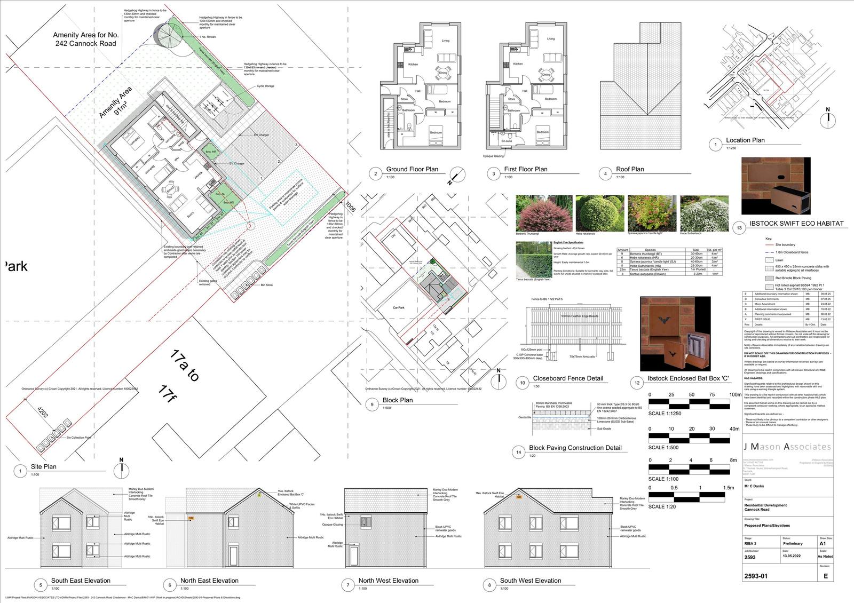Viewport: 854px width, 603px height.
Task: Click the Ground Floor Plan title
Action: (x=412, y=169)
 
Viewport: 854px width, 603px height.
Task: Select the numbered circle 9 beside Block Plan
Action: (x=373, y=405)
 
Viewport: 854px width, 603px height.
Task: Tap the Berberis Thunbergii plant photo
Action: (x=543, y=212)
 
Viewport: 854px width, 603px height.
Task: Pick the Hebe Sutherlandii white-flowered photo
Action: (x=704, y=212)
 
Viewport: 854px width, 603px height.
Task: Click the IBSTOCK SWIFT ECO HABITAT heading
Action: (x=796, y=224)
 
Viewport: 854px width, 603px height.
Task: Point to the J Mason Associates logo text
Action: (x=787, y=447)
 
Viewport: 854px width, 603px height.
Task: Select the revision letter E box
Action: (x=825, y=576)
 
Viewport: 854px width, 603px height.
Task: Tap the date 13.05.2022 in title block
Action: (x=792, y=557)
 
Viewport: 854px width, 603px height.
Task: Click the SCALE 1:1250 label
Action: (x=665, y=414)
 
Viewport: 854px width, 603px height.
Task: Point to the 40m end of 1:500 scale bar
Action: (x=734, y=429)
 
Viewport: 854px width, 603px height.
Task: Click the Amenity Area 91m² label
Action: (x=115, y=103)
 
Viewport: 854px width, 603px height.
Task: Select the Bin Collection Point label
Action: (x=78, y=438)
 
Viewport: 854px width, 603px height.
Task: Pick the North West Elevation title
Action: (x=388, y=581)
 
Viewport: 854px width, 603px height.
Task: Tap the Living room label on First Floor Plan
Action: (x=550, y=39)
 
